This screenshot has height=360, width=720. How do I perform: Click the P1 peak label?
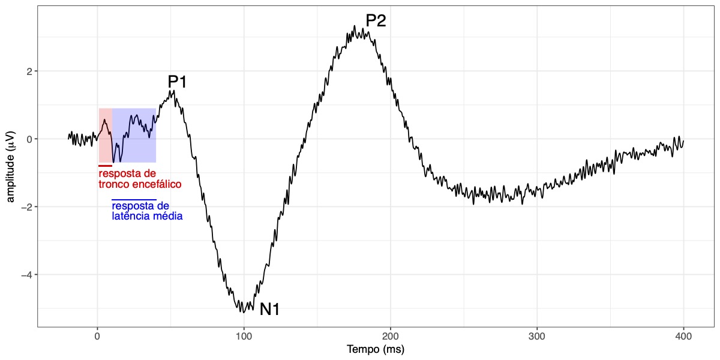(177, 82)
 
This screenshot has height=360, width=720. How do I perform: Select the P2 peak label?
(376, 20)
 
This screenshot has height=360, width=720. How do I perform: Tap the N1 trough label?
(269, 310)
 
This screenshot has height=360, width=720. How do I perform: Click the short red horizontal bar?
(105, 166)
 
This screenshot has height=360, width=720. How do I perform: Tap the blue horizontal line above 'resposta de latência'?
(134, 199)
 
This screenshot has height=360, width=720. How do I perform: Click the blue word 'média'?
(168, 216)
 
